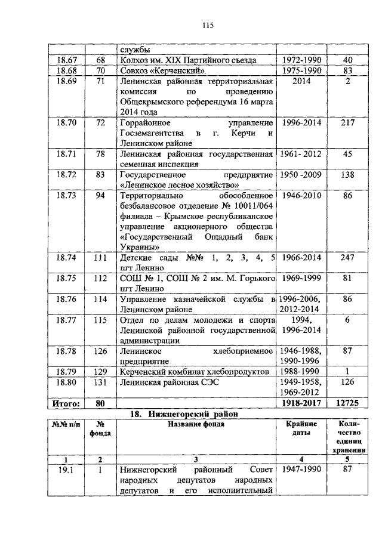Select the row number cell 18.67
coord(66,60)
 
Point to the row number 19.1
coord(66,470)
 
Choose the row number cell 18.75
coord(66,279)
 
